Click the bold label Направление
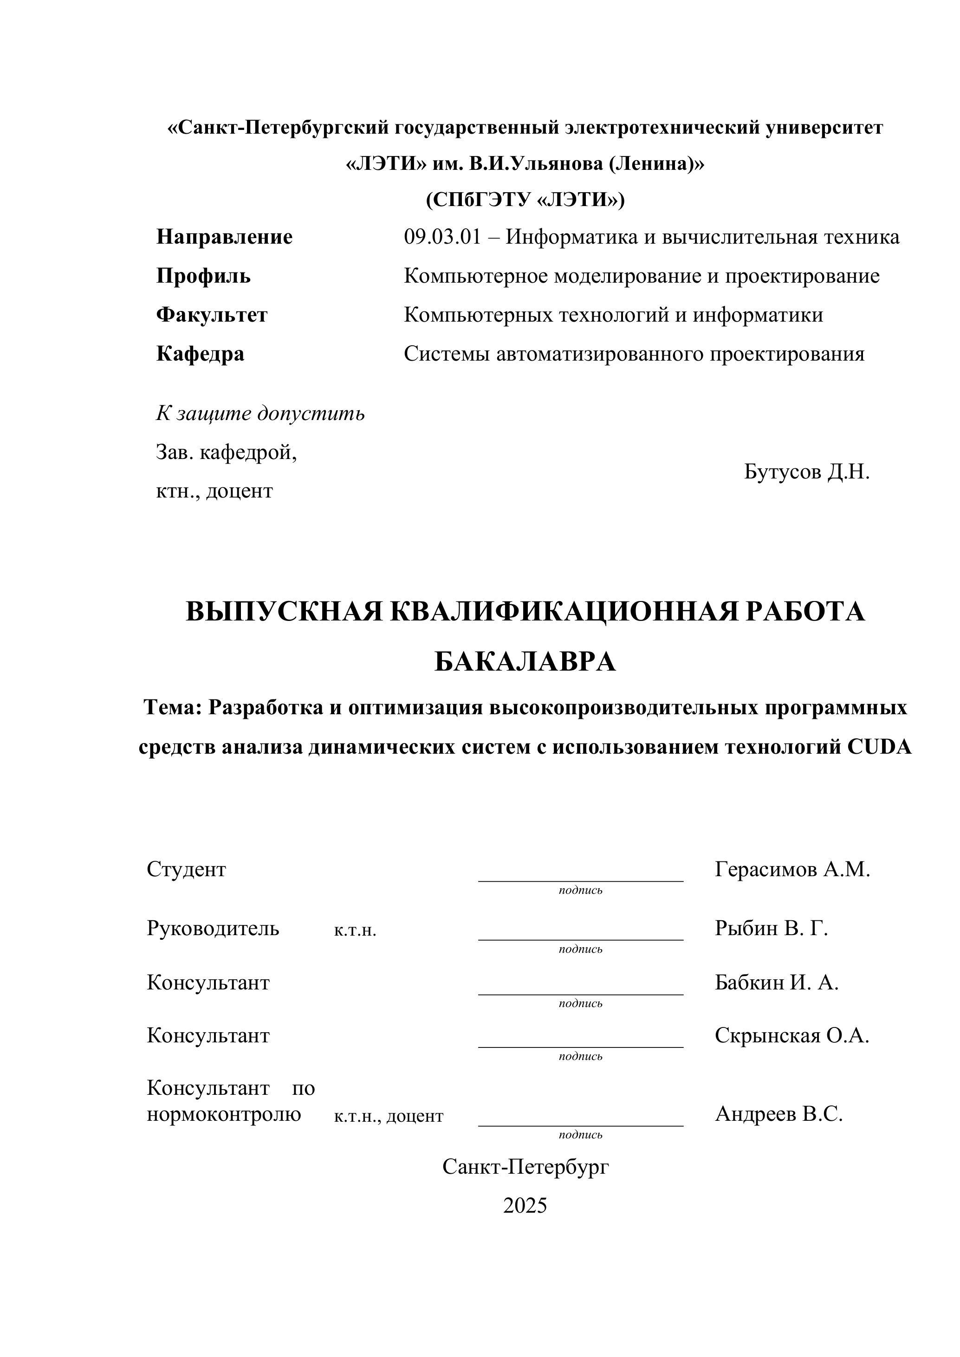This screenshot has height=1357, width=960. click(224, 237)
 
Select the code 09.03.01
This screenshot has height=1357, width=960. click(442, 237)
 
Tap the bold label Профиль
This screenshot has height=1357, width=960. click(203, 276)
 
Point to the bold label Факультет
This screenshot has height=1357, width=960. click(212, 315)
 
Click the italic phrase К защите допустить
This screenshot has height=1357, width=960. click(260, 414)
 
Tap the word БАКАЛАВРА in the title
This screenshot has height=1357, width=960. click(525, 662)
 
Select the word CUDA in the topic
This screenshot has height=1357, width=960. click(880, 747)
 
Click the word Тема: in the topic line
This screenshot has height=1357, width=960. click(173, 707)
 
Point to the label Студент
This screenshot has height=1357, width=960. click(186, 869)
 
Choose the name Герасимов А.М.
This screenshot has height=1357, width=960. click(792, 869)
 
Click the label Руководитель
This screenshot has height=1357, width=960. click(213, 929)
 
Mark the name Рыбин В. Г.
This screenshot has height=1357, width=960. click(771, 929)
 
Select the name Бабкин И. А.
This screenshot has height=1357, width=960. click(776, 983)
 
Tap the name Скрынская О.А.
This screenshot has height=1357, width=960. click(791, 1035)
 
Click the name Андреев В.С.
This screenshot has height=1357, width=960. click(778, 1114)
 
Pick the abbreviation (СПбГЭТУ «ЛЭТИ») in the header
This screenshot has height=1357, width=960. click(525, 200)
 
